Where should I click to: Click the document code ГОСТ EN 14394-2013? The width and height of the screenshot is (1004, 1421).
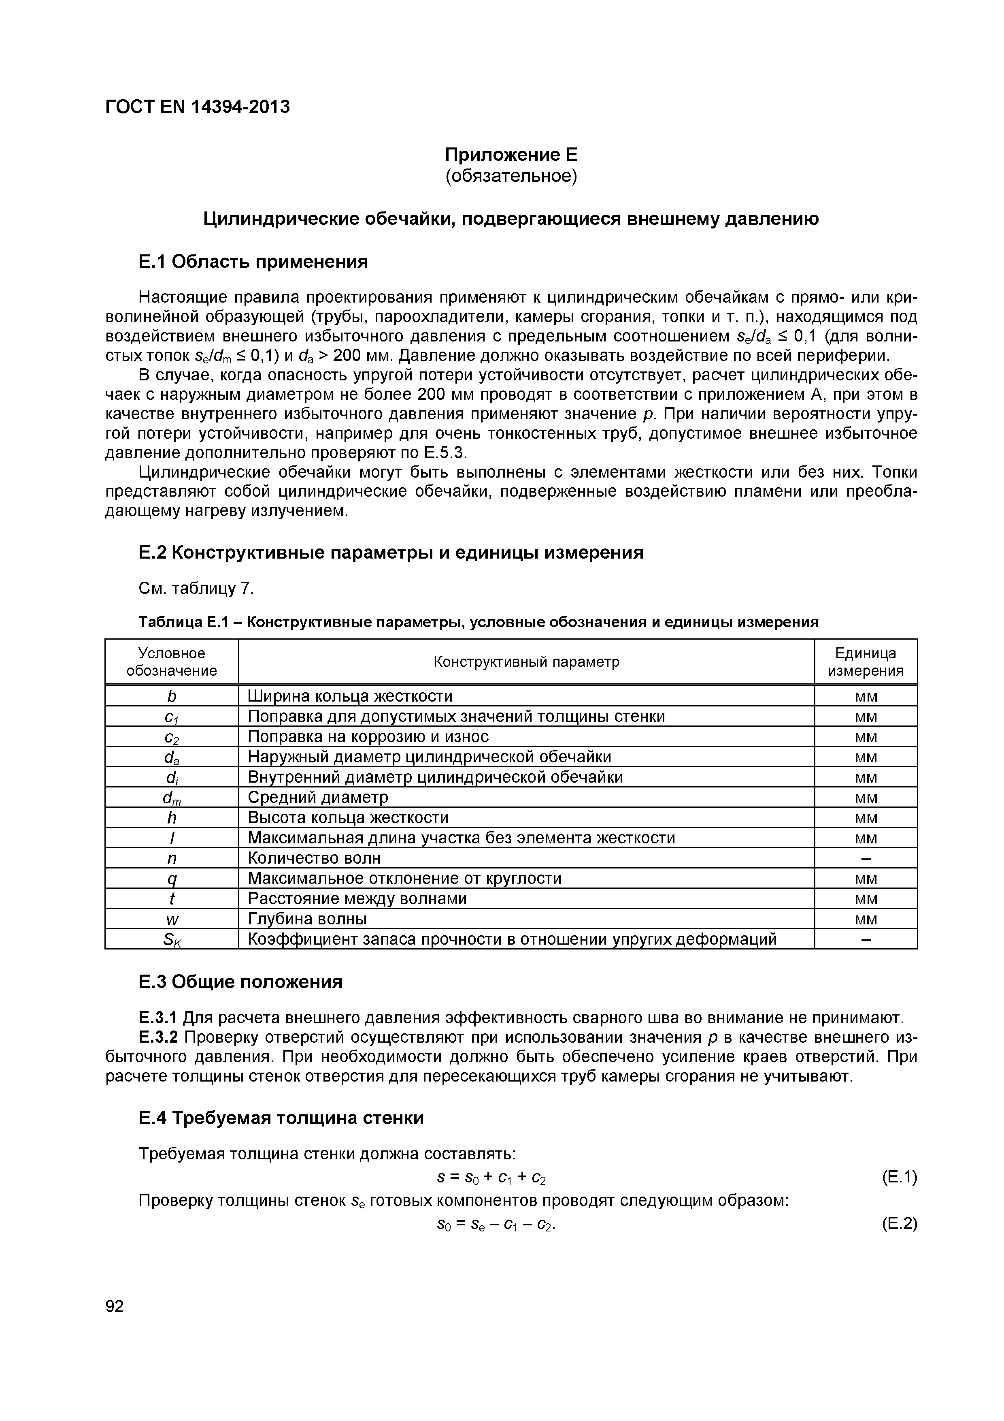point(197,107)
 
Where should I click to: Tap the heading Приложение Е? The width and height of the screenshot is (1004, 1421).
point(511,154)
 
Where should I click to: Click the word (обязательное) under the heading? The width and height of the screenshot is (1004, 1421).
point(511,176)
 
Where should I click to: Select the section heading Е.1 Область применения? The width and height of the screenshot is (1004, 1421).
point(253,262)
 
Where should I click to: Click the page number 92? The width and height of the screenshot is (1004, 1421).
point(115,1306)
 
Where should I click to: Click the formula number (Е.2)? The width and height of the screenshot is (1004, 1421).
point(899,1224)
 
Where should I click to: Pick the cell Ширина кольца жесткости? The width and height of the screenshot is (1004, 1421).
point(350,696)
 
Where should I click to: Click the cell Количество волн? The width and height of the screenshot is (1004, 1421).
point(314,858)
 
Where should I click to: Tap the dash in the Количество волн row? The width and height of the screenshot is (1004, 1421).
point(866,858)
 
